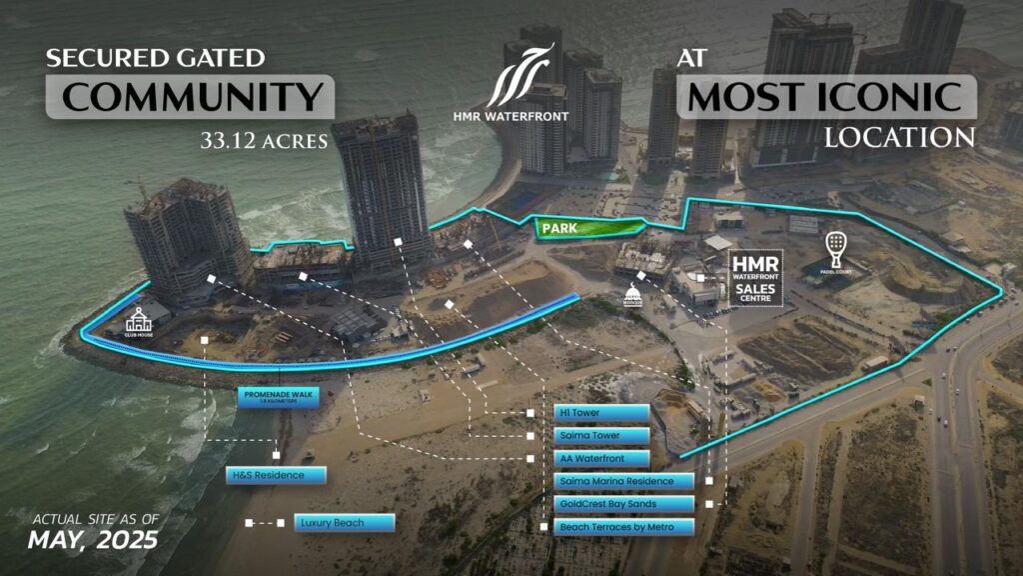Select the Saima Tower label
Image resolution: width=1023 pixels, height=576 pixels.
[601, 436]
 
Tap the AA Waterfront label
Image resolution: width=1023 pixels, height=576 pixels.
[601, 459]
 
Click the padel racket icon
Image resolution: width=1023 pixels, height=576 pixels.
[834, 246]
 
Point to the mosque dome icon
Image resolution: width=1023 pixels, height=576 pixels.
[632, 297]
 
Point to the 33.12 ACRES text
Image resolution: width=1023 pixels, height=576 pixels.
[265, 142]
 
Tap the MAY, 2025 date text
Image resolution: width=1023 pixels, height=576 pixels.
[93, 541]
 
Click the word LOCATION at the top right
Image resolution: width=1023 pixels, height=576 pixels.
[898, 137]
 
